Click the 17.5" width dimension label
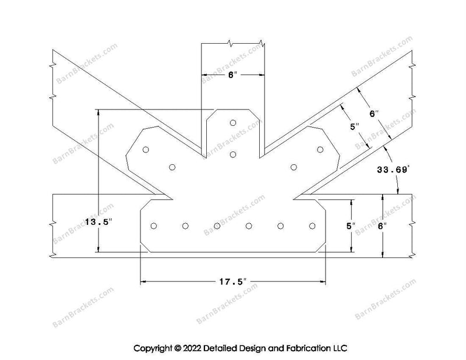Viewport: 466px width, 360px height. coord(233,281)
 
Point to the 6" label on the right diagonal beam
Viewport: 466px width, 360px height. coord(374,114)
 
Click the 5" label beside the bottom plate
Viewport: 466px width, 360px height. coord(351,226)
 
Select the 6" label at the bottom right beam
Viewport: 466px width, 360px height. coord(383,226)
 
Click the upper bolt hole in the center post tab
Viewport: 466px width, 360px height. coord(233,123)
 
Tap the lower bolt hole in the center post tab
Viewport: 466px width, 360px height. coord(233,154)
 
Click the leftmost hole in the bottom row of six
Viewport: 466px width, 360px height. coord(154,226)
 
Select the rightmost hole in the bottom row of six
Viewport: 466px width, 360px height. coord(312,226)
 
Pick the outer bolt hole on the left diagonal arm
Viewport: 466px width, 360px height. coord(146,150)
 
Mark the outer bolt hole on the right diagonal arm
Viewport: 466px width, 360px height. coord(320,149)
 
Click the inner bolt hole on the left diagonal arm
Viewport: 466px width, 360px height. coord(172,167)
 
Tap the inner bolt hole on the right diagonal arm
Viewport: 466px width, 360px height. coord(294,167)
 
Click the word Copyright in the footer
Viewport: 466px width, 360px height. coord(153,348)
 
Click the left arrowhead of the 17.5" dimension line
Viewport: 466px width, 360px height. coord(143,281)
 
